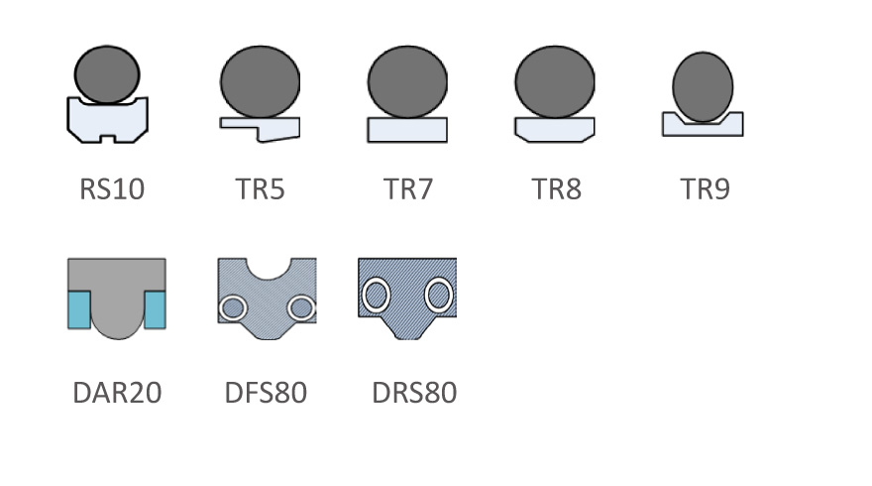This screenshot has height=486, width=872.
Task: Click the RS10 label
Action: tap(112, 188)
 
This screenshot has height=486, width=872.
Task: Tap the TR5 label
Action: tap(260, 188)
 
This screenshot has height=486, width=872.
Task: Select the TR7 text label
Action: tap(407, 188)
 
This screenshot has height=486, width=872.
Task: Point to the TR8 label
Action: tap(556, 188)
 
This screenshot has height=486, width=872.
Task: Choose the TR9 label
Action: tap(705, 188)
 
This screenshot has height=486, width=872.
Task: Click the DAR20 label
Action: tap(117, 393)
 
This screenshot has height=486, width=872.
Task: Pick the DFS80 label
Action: tap(266, 393)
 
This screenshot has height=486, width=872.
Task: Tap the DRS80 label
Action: tap(414, 393)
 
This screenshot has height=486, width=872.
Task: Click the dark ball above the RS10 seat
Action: tap(107, 74)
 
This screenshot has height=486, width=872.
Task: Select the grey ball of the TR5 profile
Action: tap(260, 82)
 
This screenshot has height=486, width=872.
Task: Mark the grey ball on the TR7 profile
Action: tap(407, 82)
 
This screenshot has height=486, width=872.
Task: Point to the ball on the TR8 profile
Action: tap(555, 82)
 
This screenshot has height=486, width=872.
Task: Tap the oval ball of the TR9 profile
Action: tap(703, 86)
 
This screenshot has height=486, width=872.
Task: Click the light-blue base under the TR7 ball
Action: tap(407, 130)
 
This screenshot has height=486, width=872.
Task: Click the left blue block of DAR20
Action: tap(78, 309)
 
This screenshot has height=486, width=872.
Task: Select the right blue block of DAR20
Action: tap(155, 309)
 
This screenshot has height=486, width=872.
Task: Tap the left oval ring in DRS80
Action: tap(377, 295)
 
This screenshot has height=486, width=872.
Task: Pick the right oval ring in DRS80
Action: tap(438, 295)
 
